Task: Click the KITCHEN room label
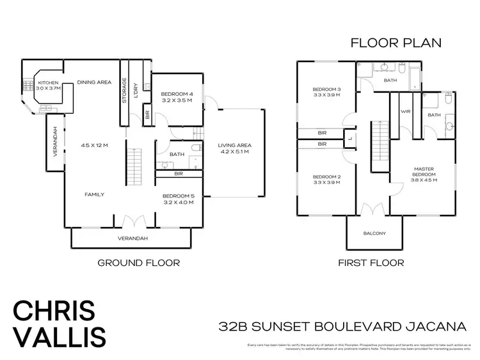pos(49,83)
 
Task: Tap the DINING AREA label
pos(95,82)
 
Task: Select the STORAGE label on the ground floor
pos(124,91)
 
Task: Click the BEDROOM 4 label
pos(169,94)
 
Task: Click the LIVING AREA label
pos(233,145)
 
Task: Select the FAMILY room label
pos(95,194)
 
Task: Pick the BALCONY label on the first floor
pos(374,233)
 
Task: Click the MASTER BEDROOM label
pos(423,173)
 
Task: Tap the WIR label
pos(404,112)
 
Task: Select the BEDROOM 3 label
pos(326,89)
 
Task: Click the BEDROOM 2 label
pos(326,177)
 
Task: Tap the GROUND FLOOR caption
pos(138,262)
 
